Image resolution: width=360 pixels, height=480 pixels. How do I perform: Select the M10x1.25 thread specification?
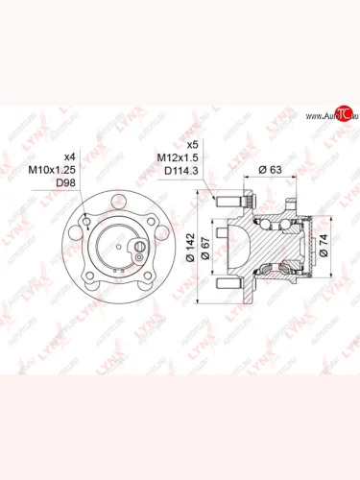coord(62,169)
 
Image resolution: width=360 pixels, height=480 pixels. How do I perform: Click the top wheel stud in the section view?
coord(231,202)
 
